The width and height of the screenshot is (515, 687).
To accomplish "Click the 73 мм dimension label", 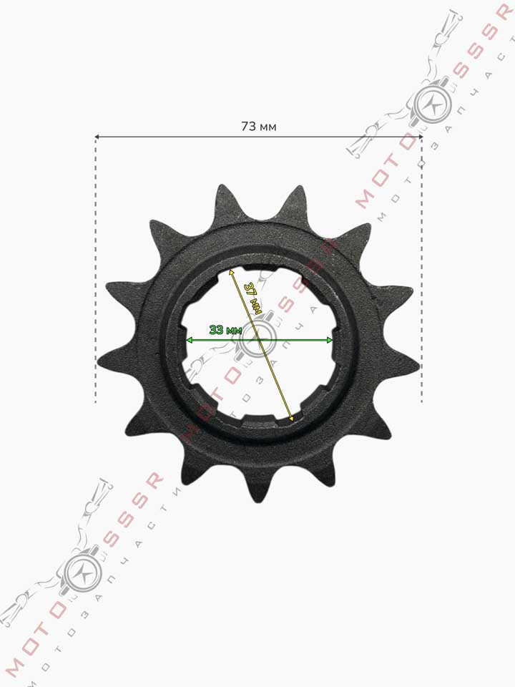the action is point(259,127).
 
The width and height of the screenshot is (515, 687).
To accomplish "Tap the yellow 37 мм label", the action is point(252,298).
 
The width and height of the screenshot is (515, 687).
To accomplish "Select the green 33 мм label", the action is point(225,330).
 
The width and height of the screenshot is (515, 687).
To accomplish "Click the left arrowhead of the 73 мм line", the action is point(98,137).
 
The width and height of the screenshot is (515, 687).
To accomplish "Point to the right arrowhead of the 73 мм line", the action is point(420,137).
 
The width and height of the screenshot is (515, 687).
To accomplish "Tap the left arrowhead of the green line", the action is point(190,340).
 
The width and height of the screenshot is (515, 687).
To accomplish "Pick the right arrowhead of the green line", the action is point(329,340).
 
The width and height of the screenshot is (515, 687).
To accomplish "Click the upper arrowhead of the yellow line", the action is point(232,273).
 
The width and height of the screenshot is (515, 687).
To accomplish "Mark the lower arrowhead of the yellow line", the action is point(290,418).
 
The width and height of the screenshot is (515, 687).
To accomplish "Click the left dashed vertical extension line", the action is point(96,270).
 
